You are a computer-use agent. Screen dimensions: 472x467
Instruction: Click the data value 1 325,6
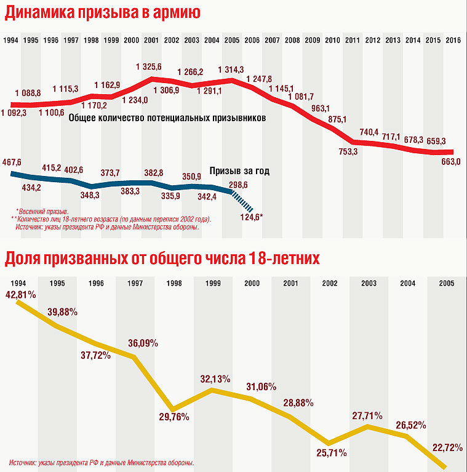[x=150, y=66]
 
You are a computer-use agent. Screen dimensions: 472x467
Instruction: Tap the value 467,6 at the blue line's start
[x=12, y=162]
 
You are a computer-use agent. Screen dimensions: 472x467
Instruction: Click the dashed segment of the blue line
[x=242, y=201]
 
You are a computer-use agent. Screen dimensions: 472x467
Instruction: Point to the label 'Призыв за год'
[x=239, y=171]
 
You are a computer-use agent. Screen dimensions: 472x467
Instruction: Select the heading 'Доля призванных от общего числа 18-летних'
[x=162, y=258]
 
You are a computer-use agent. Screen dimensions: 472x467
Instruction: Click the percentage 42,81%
[x=21, y=294]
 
